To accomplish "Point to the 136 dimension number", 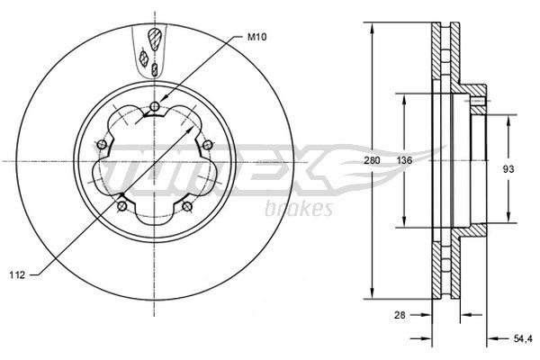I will tap(405, 160).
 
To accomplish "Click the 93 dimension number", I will tap(508, 167).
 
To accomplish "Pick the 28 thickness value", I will tap(400, 314).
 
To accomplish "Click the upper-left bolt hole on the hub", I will tap(101, 146).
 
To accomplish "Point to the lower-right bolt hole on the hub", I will tap(187, 208).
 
